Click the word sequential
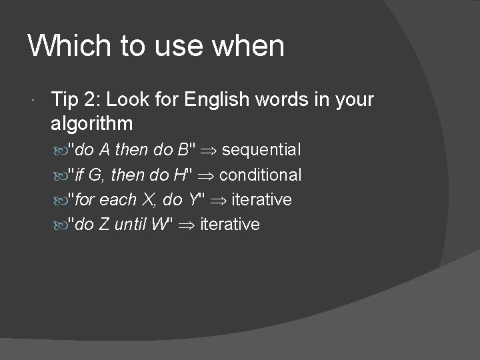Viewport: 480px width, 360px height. pyautogui.click(x=261, y=150)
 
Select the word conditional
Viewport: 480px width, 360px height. pyautogui.click(x=260, y=175)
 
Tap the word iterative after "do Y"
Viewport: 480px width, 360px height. pyautogui.click(x=261, y=199)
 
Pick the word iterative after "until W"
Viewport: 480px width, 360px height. pyautogui.click(x=230, y=224)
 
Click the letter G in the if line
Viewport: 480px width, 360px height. pyautogui.click(x=95, y=175)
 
